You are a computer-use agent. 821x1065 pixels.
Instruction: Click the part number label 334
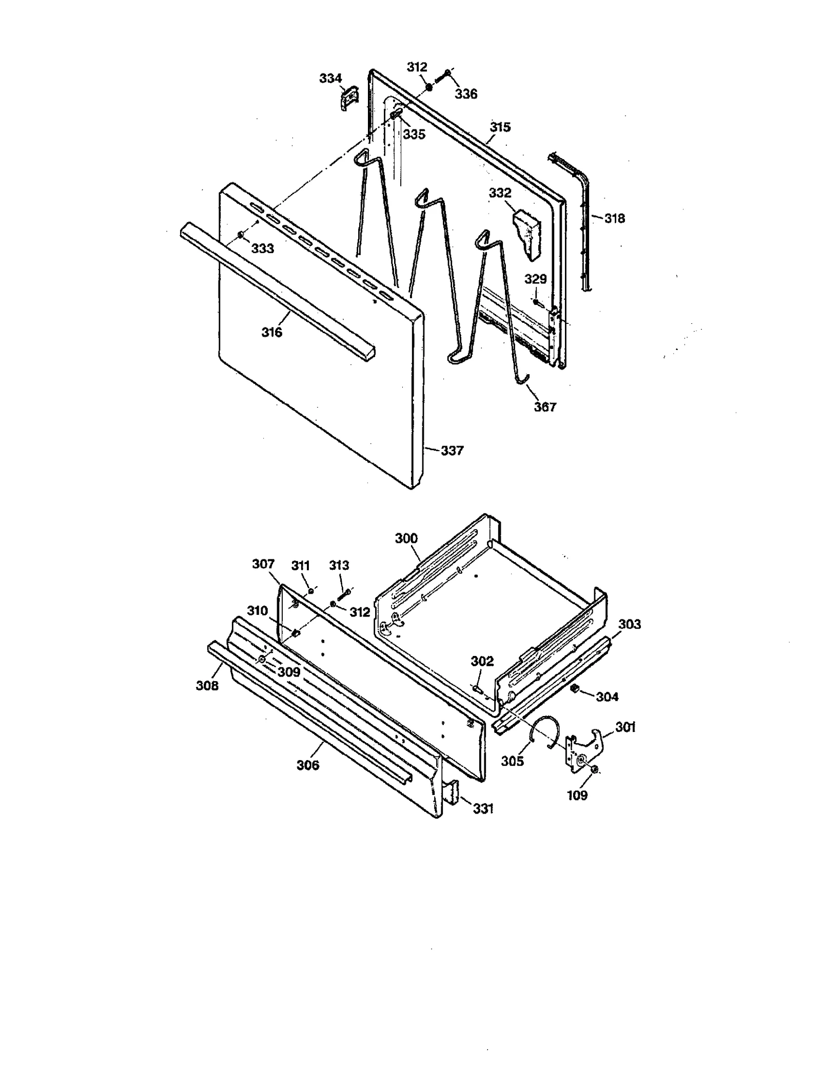coord(330,78)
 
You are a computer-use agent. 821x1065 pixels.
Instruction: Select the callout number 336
coord(465,94)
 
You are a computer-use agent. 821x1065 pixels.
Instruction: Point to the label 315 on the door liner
coord(500,127)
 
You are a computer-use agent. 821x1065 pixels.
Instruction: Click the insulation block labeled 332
coord(529,234)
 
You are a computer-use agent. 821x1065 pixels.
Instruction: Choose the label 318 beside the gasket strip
coord(614,218)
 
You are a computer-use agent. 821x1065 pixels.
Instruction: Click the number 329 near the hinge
coord(535,279)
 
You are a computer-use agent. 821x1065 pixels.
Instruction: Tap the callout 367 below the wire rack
coord(544,407)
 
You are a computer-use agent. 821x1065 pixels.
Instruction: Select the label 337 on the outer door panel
coord(452,451)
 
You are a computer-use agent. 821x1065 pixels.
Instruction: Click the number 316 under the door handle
coord(271,332)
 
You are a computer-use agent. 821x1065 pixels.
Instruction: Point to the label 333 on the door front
coord(262,248)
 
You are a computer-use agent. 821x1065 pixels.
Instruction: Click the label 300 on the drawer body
coord(406,538)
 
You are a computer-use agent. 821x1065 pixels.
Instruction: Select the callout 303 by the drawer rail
coord(629,624)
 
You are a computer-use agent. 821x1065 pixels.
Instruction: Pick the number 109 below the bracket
coord(577,795)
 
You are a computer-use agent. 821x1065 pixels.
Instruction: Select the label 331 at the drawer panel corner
coord(482,808)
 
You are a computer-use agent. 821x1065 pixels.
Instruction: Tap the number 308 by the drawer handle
coord(207,685)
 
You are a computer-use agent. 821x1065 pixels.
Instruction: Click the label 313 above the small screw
coord(339,565)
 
